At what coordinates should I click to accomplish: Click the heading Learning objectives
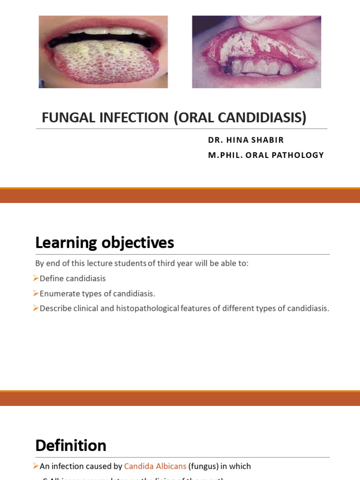point(105,243)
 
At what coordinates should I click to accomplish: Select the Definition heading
point(71,445)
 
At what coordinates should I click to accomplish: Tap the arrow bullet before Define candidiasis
point(36,278)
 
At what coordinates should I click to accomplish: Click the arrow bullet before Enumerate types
point(36,293)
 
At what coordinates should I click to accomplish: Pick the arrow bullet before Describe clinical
point(36,308)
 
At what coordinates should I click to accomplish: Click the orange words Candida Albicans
point(155,466)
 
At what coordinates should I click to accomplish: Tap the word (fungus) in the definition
point(203,466)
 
